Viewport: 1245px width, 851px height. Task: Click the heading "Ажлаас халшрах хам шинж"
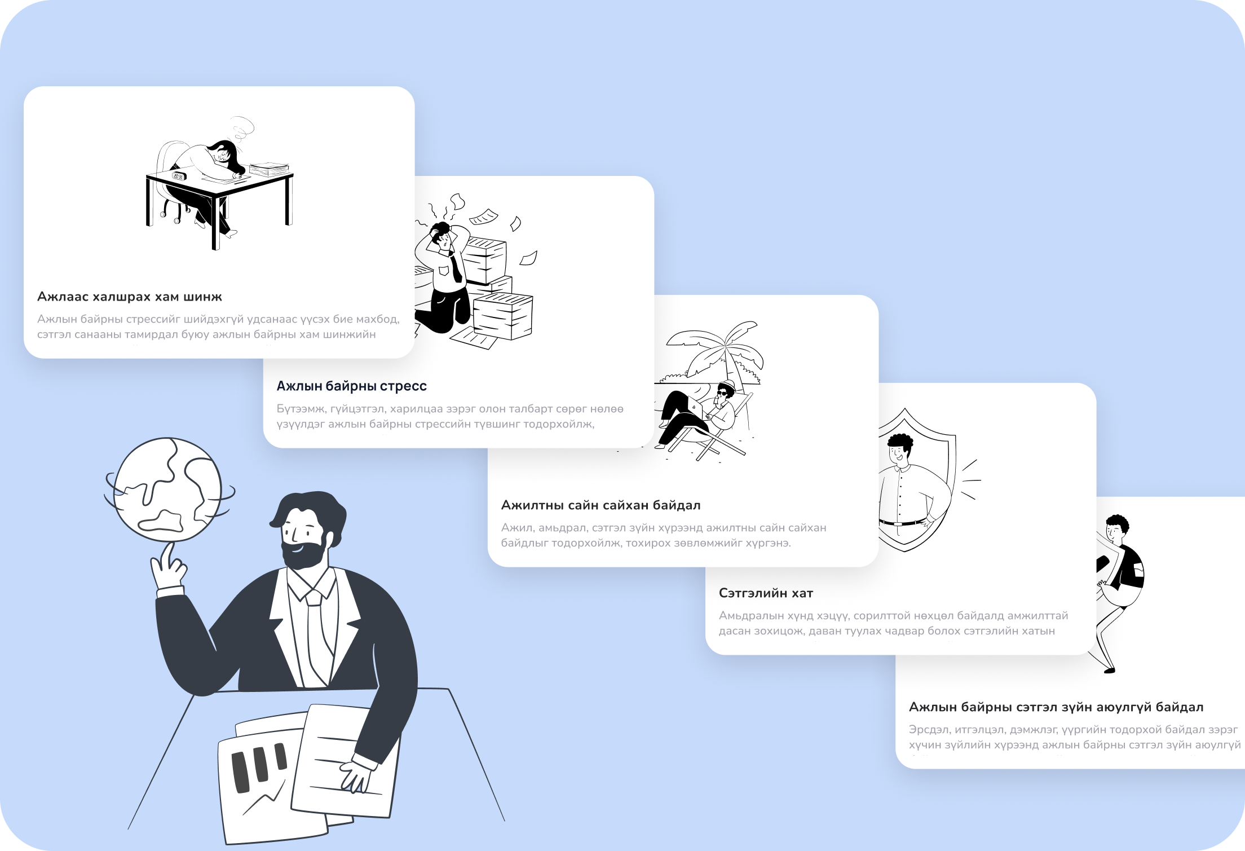130,297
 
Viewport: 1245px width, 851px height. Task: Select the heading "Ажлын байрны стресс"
351,386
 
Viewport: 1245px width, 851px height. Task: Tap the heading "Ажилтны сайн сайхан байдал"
601,505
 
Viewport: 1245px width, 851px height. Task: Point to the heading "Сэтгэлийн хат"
766,593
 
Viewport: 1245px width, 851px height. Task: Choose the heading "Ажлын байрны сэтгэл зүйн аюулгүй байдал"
1056,707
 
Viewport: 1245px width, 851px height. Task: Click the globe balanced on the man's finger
168,490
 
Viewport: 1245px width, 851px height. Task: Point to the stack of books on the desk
269,169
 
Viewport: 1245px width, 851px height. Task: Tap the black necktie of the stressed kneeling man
456,267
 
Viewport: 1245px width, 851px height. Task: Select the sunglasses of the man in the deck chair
723,392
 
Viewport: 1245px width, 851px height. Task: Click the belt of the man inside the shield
903,523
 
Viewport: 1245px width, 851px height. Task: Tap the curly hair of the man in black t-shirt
1118,523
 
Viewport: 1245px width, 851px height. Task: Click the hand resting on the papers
354,776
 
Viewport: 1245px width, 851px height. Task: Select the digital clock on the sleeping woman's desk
179,176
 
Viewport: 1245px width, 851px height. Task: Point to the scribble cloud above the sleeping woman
242,129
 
